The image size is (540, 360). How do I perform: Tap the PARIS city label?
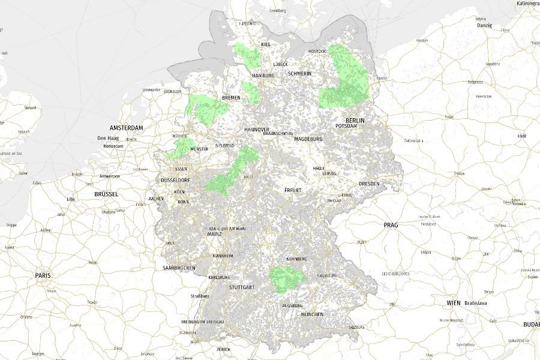point(43,275)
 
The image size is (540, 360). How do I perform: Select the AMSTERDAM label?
point(127,128)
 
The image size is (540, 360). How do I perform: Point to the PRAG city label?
point(390,225)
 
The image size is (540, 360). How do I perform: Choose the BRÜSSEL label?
point(107,194)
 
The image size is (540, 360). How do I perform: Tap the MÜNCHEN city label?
point(313,314)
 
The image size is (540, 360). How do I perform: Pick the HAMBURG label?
point(263,76)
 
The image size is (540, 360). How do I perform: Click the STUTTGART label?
point(242,287)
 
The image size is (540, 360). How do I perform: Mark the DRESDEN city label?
point(369,184)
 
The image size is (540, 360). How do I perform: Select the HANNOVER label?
point(257,130)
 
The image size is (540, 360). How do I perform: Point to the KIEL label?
point(266,45)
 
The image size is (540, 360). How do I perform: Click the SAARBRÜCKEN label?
point(179,268)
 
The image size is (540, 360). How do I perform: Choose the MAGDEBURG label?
point(308,139)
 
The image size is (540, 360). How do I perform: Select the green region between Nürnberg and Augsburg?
point(285,278)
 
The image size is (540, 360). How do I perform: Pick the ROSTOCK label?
point(316,52)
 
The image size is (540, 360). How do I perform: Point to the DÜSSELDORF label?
point(176,180)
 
